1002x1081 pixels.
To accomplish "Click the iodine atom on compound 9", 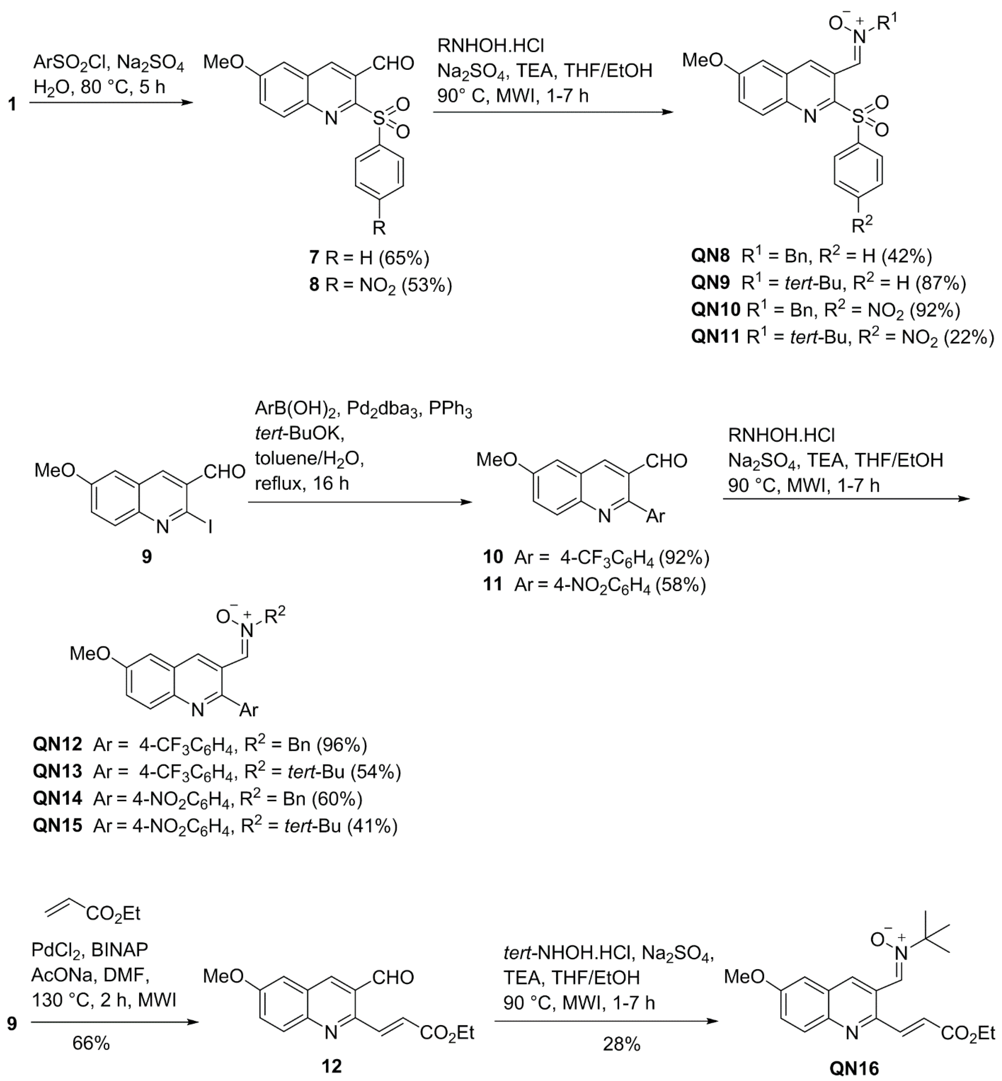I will point(209,526).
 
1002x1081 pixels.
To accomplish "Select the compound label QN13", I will point(57,771).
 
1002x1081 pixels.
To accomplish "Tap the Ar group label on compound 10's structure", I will point(655,516).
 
